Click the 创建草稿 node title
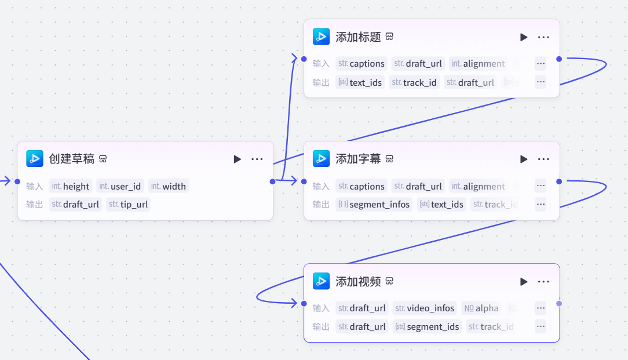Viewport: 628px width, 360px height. pos(71,159)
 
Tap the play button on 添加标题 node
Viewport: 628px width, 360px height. pos(524,37)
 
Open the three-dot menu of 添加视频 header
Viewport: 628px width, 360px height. pos(543,282)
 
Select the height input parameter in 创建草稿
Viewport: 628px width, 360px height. pos(71,186)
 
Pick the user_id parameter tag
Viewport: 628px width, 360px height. pos(120,186)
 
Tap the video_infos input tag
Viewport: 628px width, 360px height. pos(425,308)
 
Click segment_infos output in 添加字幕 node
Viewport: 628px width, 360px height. pos(374,204)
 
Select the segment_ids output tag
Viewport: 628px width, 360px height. pos(427,326)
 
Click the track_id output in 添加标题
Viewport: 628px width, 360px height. pos(414,82)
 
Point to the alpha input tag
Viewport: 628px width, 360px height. pos(481,308)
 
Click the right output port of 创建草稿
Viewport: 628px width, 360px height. pos(273,181)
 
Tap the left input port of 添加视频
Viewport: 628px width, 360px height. pos(304,303)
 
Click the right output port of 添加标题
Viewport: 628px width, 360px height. pos(559,59)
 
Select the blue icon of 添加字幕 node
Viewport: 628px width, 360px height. pos(321,158)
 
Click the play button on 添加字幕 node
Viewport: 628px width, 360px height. pos(524,159)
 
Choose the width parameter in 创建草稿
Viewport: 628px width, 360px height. pos(169,186)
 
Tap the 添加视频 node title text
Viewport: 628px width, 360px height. pos(358,282)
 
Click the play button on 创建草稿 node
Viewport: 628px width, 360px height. pos(237,159)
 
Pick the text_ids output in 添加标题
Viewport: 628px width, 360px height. pos(360,82)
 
